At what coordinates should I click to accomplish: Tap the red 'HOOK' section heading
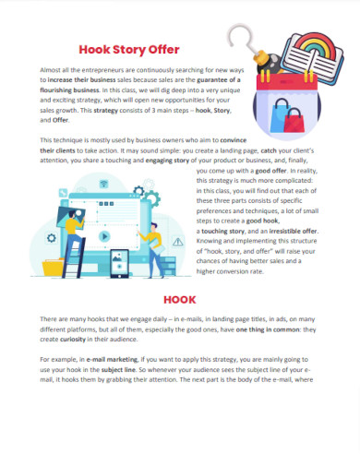(x=179, y=300)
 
